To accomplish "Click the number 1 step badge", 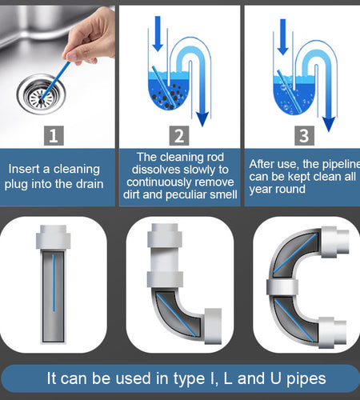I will (x=53, y=136).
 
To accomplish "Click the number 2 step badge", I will (x=180, y=136).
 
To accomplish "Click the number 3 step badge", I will (x=302, y=136).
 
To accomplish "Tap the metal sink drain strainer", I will (x=38, y=96).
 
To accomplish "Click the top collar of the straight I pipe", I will (x=53, y=238).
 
